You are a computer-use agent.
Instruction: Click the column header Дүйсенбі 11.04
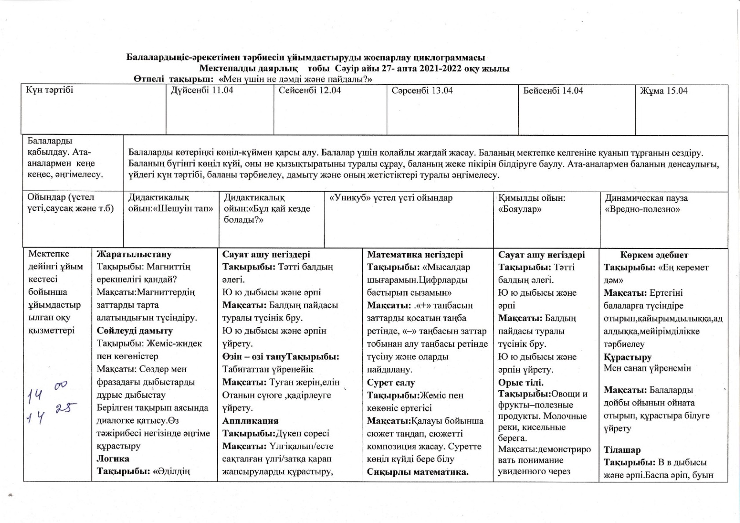202,91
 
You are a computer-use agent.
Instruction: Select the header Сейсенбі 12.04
310,91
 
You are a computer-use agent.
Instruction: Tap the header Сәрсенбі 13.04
422,91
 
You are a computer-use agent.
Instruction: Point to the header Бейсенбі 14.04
553,91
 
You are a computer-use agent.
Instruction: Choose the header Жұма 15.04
663,91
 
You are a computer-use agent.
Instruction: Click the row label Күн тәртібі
49,90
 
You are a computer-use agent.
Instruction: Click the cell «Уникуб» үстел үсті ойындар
390,198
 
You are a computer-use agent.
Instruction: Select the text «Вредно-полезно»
642,209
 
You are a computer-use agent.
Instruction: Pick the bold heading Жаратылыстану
134,254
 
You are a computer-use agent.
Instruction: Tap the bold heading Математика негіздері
415,254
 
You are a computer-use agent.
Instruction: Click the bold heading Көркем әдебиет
654,255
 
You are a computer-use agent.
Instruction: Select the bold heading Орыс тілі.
520,382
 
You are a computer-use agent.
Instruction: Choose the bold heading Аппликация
250,421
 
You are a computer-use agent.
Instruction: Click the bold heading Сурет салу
390,382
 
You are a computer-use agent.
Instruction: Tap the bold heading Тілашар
622,450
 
